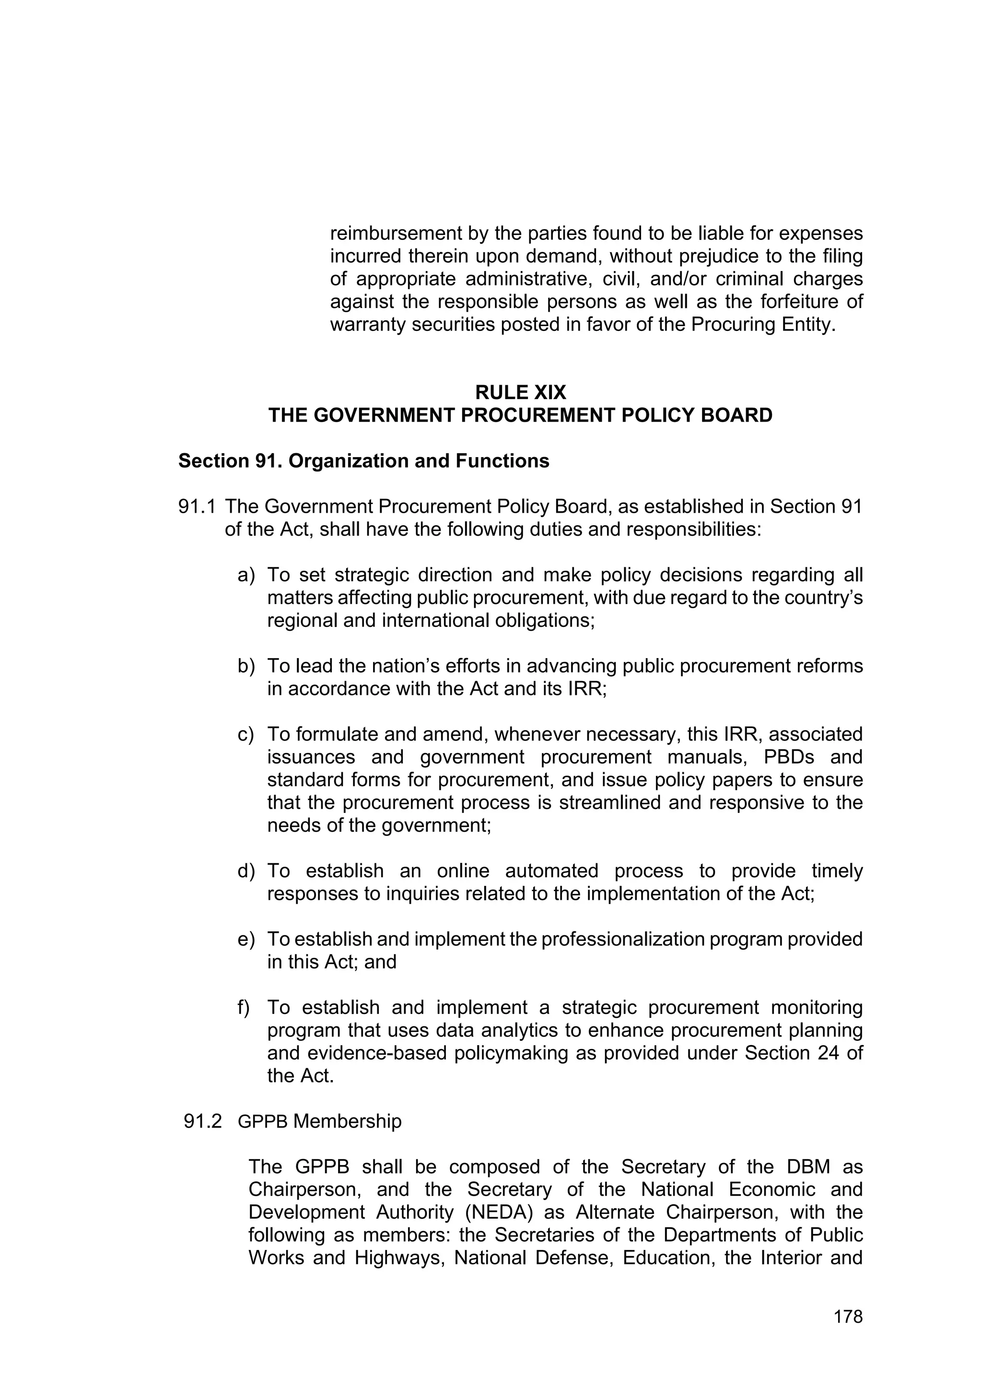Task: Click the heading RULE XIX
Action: tap(520, 393)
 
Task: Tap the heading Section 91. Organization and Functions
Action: tap(363, 461)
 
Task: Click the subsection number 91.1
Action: tap(197, 506)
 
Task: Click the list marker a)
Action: tap(246, 575)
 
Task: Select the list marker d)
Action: tap(246, 871)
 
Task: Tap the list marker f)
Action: tap(243, 1007)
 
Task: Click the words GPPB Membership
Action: tap(319, 1121)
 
